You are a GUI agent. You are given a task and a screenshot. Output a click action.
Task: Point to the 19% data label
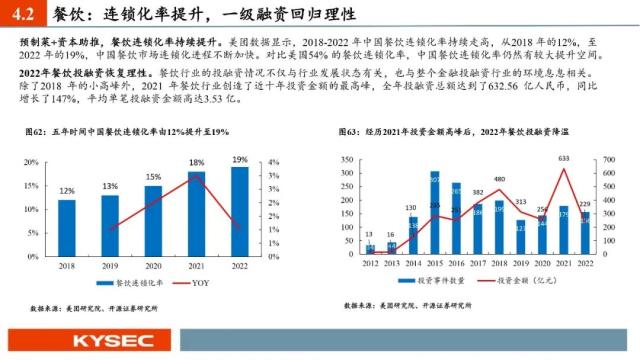[240, 159]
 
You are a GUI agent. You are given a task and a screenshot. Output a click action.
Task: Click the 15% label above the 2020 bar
[153, 177]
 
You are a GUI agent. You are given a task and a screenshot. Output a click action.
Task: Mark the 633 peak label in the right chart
[565, 158]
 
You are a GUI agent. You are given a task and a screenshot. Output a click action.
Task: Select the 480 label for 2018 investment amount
[499, 180]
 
